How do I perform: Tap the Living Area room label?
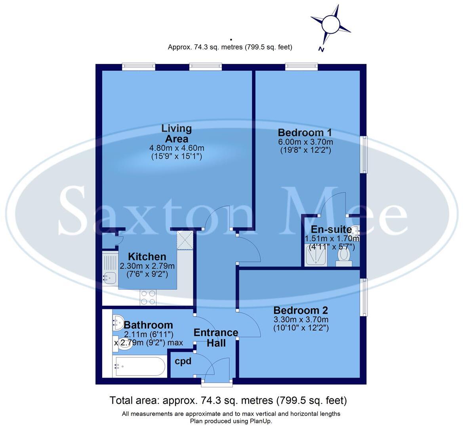[x=177, y=134]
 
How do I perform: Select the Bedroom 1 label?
[x=305, y=132]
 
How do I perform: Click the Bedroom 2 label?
[x=301, y=310]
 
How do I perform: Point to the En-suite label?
[x=331, y=229]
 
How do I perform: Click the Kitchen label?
[x=147, y=257]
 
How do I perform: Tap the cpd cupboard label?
[x=183, y=361]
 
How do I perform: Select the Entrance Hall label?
[x=216, y=337]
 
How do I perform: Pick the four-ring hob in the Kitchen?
[x=148, y=297]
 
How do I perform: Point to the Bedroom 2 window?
[x=364, y=297]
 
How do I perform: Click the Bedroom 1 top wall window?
[x=301, y=67]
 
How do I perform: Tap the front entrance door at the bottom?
[x=217, y=382]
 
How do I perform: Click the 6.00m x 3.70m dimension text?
[x=305, y=142]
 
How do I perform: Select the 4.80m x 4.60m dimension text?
[x=177, y=148]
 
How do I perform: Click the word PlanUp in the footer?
[x=261, y=421]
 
